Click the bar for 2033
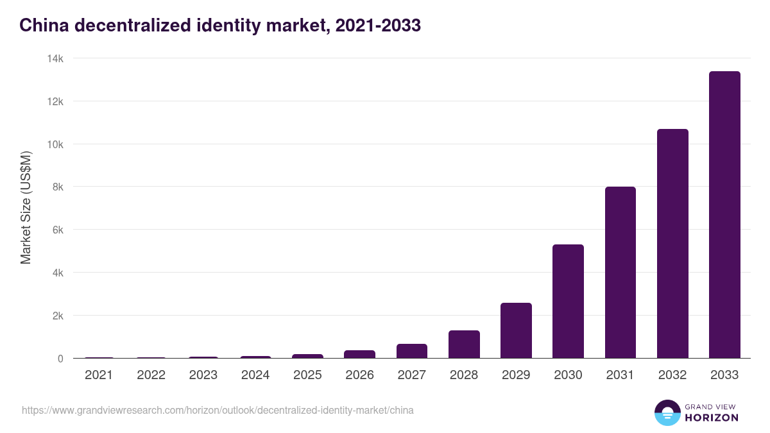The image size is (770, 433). (724, 215)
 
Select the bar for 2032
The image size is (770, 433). (672, 244)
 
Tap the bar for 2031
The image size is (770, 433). (620, 273)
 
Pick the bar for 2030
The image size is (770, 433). (568, 301)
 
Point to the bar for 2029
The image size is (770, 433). (516, 330)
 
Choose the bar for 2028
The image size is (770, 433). (464, 344)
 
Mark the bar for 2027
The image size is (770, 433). (412, 351)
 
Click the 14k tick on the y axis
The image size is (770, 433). (55, 58)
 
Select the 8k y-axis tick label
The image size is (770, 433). (57, 187)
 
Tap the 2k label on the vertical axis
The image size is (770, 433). (57, 316)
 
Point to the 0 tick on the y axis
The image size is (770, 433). (60, 359)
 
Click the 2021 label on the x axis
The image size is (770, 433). (99, 375)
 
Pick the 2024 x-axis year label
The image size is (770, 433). (255, 375)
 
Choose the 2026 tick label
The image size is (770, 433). (359, 375)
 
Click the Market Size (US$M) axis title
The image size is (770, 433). (26, 208)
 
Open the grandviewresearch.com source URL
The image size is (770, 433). (218, 410)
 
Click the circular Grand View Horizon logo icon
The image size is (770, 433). (667, 412)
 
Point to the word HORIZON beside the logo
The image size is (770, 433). (712, 418)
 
